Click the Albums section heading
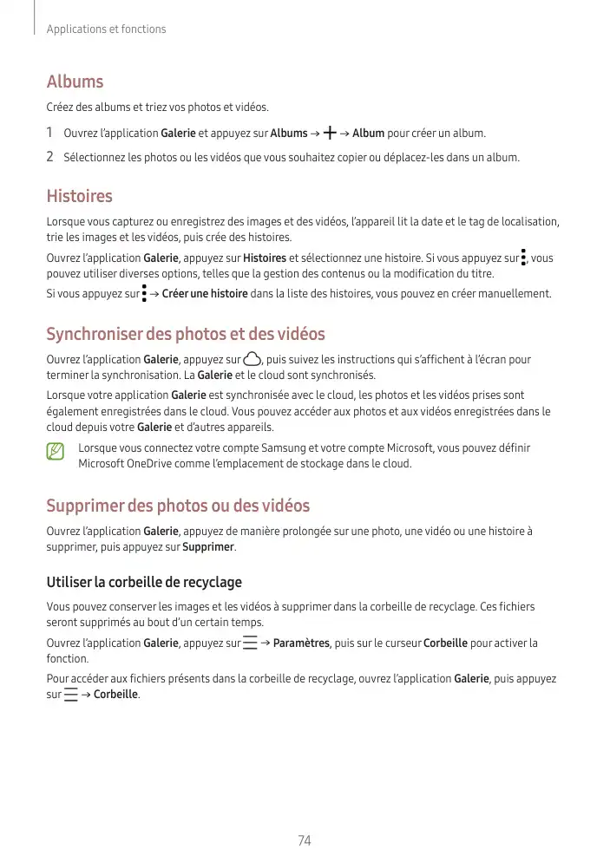[x=75, y=82]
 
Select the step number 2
[x=50, y=158]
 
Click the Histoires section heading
[x=79, y=196]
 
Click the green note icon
[x=56, y=451]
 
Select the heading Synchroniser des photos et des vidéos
[x=186, y=334]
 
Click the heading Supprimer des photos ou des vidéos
[x=178, y=506]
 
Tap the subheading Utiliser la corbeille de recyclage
[x=144, y=582]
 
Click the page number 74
[x=305, y=840]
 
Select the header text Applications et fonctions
[x=106, y=29]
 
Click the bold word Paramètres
[x=301, y=643]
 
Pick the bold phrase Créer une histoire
[x=205, y=294]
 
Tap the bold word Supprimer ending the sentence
[x=208, y=547]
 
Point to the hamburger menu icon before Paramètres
[x=250, y=643]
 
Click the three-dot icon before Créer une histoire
[x=144, y=294]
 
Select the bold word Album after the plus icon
[x=368, y=134]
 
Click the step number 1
[x=50, y=134]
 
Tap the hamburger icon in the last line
[x=70, y=695]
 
